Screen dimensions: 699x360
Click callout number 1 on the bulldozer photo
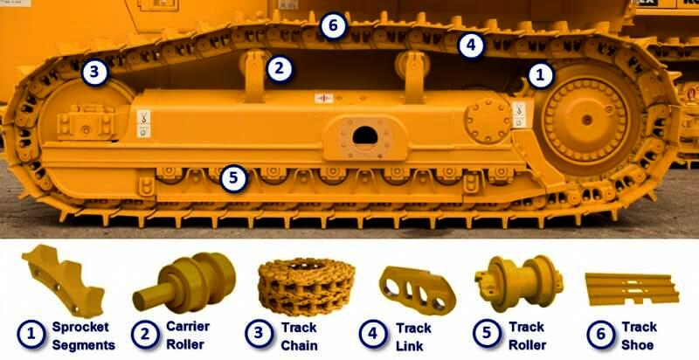coord(540,76)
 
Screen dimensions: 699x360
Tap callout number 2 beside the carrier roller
coord(279,69)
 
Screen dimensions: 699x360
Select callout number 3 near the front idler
coord(94,73)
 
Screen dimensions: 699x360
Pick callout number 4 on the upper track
coord(471,45)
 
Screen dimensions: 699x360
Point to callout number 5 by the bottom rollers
coord(233,178)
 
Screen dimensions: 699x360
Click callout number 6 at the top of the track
coord(333,26)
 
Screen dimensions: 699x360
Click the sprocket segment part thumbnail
coord(63,280)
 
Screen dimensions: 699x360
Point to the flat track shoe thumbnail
coord(632,288)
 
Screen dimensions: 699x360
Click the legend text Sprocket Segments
coord(84,336)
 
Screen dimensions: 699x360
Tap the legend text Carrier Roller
coord(187,335)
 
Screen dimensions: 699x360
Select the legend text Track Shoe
coord(640,336)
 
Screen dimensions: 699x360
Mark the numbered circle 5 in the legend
coord(487,334)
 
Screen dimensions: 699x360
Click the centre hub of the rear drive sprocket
coord(586,120)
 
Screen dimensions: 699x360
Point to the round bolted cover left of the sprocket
coord(488,120)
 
